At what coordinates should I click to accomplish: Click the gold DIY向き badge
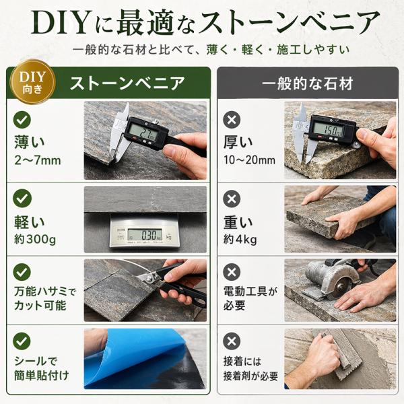[32, 82]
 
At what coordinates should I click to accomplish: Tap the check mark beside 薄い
[22, 120]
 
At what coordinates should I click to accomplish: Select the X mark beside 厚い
[232, 120]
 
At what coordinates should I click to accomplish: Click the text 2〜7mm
[38, 160]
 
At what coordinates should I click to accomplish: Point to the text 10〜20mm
[249, 160]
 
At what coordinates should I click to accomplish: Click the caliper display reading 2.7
[141, 132]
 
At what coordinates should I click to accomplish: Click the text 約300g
[35, 240]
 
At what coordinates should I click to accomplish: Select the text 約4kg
[240, 240]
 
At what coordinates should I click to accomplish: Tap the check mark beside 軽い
[22, 198]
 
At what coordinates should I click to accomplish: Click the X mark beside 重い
[232, 199]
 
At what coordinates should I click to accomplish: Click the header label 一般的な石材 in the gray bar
[308, 83]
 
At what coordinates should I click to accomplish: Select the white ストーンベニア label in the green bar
[127, 83]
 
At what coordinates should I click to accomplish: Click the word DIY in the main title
[61, 23]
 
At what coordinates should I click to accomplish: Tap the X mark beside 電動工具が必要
[232, 272]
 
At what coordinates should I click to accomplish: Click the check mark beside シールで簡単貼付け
[22, 341]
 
